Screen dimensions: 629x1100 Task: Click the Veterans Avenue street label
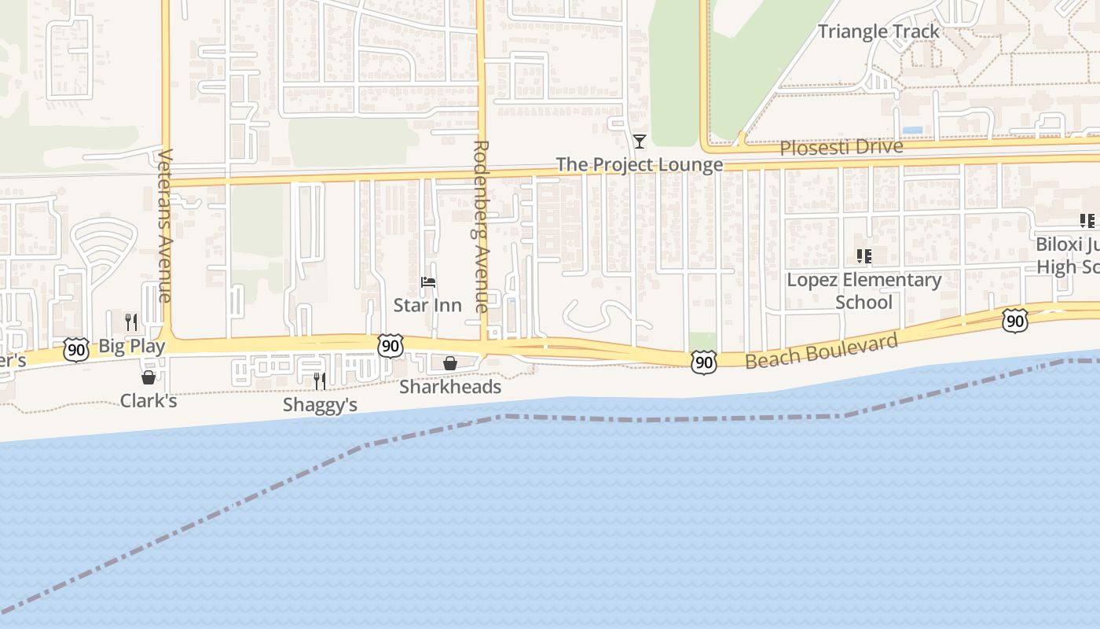[x=163, y=225]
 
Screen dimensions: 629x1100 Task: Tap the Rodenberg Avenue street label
[x=482, y=226]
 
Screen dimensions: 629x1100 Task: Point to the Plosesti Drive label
[x=841, y=147]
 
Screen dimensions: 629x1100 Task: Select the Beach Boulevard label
[x=821, y=351]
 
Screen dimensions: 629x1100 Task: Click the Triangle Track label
[x=878, y=31]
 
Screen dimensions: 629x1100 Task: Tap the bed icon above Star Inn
[x=428, y=282]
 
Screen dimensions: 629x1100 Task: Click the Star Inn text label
[x=427, y=305]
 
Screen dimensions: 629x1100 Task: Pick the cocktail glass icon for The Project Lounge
[x=640, y=142]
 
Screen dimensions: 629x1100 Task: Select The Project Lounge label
[x=640, y=164]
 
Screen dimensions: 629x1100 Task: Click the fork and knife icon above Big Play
[x=131, y=322]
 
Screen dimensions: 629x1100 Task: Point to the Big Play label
[x=132, y=346]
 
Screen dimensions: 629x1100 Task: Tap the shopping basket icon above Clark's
[x=148, y=377]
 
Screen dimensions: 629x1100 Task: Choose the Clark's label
[x=148, y=401]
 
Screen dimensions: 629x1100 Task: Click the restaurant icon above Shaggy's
[x=320, y=381]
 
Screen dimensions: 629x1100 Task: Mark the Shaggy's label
[x=321, y=405]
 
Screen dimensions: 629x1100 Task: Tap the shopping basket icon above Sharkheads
[x=450, y=363]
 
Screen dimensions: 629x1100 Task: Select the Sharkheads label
[x=450, y=387]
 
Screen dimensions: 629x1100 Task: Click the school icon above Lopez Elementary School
[x=864, y=256]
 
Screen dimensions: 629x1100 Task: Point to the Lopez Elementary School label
[x=864, y=291]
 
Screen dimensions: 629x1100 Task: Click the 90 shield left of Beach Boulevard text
[x=704, y=362]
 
